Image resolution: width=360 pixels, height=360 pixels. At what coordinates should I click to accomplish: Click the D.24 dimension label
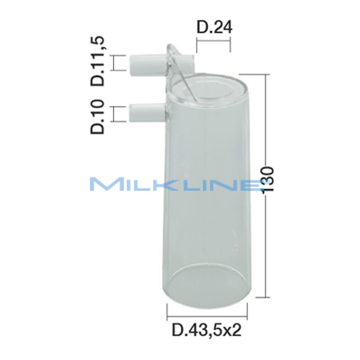pyautogui.click(x=214, y=28)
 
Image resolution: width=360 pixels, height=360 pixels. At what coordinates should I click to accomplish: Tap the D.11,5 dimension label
pyautogui.click(x=99, y=62)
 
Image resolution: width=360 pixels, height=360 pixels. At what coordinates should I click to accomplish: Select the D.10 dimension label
pyautogui.click(x=99, y=117)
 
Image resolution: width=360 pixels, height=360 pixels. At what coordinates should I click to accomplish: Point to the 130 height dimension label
pyautogui.click(x=267, y=180)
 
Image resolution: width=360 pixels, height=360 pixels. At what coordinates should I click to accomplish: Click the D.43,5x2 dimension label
pyautogui.click(x=207, y=330)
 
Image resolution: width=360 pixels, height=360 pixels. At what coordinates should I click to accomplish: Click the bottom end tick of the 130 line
pyautogui.click(x=266, y=297)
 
